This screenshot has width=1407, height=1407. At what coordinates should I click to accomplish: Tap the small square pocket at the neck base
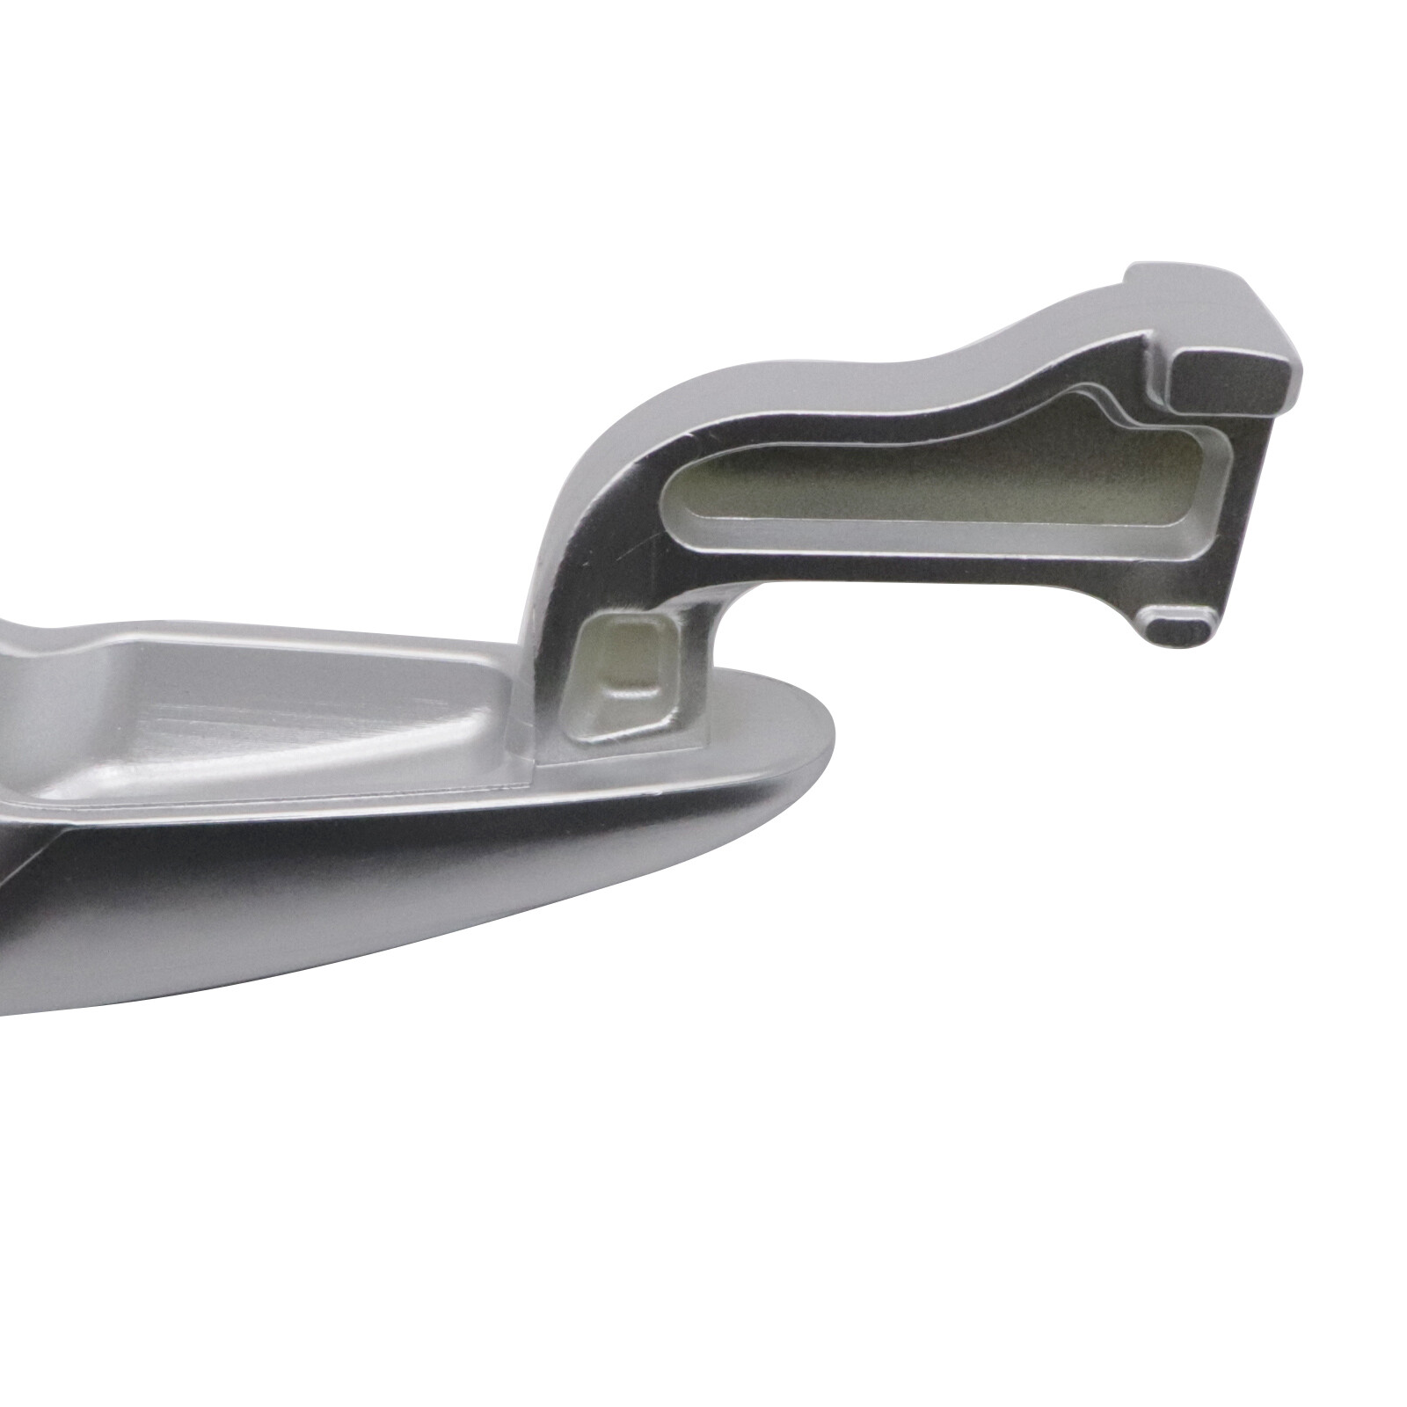pyautogui.click(x=629, y=673)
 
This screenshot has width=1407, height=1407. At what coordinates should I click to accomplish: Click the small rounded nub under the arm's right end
pyautogui.click(x=1178, y=627)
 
